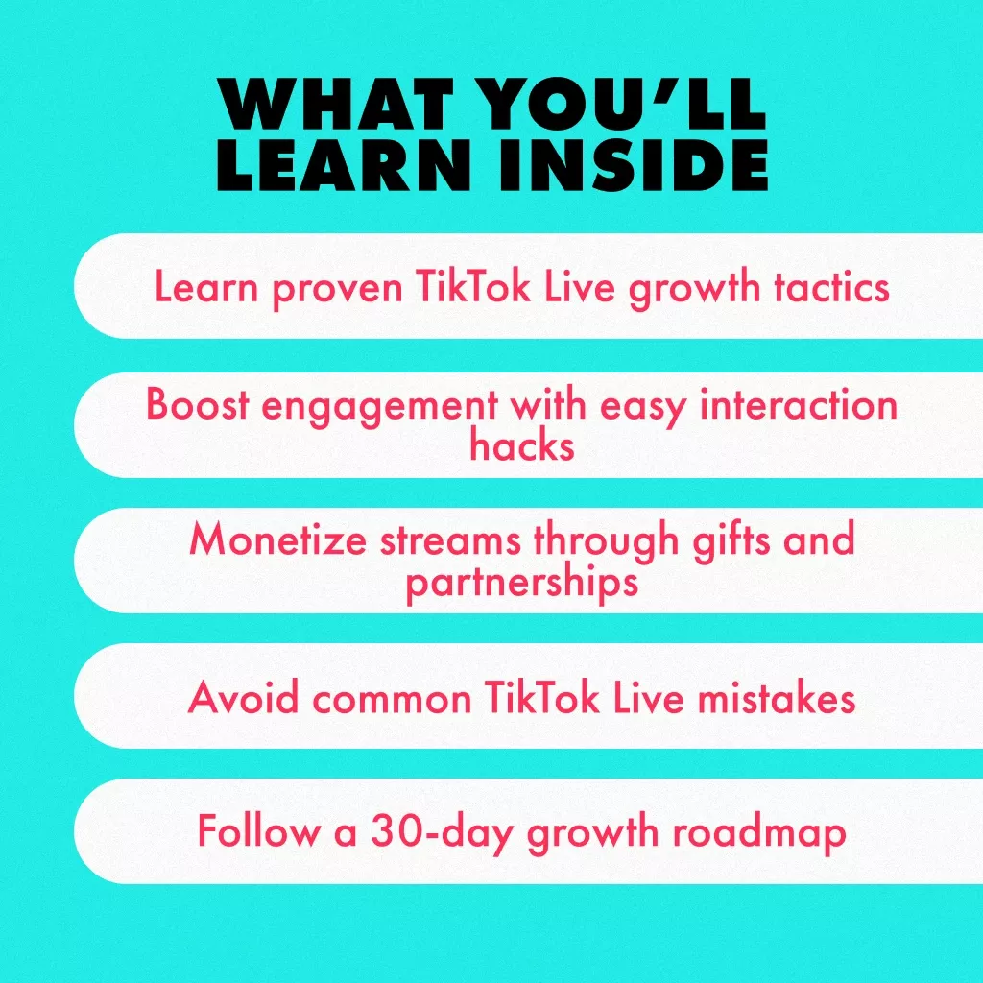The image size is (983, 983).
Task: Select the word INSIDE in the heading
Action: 634,164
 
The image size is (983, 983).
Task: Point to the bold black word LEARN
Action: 344,164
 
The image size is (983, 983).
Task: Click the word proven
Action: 337,290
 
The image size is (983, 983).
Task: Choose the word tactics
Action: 831,287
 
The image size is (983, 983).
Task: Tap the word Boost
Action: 198,404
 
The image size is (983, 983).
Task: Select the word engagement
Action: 379,407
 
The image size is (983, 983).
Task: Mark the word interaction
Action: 798,404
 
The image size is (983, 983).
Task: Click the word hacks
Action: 521,445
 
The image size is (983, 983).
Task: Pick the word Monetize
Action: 277,539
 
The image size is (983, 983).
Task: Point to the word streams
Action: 450,539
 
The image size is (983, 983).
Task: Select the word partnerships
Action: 521,583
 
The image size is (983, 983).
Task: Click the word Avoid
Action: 243,697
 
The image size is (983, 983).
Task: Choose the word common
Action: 392,700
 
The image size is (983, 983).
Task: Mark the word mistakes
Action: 776,697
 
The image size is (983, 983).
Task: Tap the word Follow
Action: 258,830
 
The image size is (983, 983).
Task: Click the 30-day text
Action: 442,834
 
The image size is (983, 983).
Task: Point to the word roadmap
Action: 759,834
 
